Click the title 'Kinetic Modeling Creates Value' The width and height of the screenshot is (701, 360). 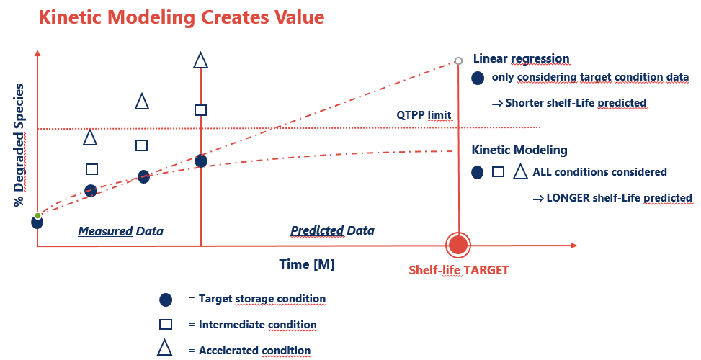click(181, 17)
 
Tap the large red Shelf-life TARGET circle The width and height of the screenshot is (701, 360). click(458, 245)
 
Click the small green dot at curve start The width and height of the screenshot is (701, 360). click(38, 216)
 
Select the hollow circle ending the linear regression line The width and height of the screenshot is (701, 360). click(458, 60)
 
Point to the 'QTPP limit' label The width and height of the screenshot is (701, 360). click(424, 115)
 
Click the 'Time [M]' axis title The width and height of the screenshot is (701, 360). click(307, 264)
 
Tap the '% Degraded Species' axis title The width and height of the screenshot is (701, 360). click(19, 145)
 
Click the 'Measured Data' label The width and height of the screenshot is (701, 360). click(121, 231)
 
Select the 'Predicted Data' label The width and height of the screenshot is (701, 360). click(332, 230)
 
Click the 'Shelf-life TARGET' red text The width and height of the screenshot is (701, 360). click(459, 270)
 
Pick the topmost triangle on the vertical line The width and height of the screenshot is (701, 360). click(201, 60)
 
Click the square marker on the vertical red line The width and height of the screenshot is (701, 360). click(201, 110)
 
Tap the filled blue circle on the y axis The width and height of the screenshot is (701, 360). click(37, 222)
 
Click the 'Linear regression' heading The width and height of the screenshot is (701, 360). click(522, 58)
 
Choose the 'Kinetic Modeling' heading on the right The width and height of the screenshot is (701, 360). click(519, 150)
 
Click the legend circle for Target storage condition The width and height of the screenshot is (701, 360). click(166, 300)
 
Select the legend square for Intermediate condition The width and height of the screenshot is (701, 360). click(166, 324)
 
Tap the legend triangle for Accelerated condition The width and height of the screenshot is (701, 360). click(164, 348)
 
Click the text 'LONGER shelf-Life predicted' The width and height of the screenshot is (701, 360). click(619, 198)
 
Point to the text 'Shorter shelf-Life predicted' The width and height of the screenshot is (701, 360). click(576, 103)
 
